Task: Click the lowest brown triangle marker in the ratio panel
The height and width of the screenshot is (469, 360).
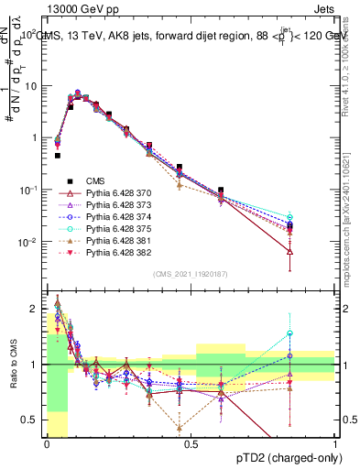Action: click(179, 427)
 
